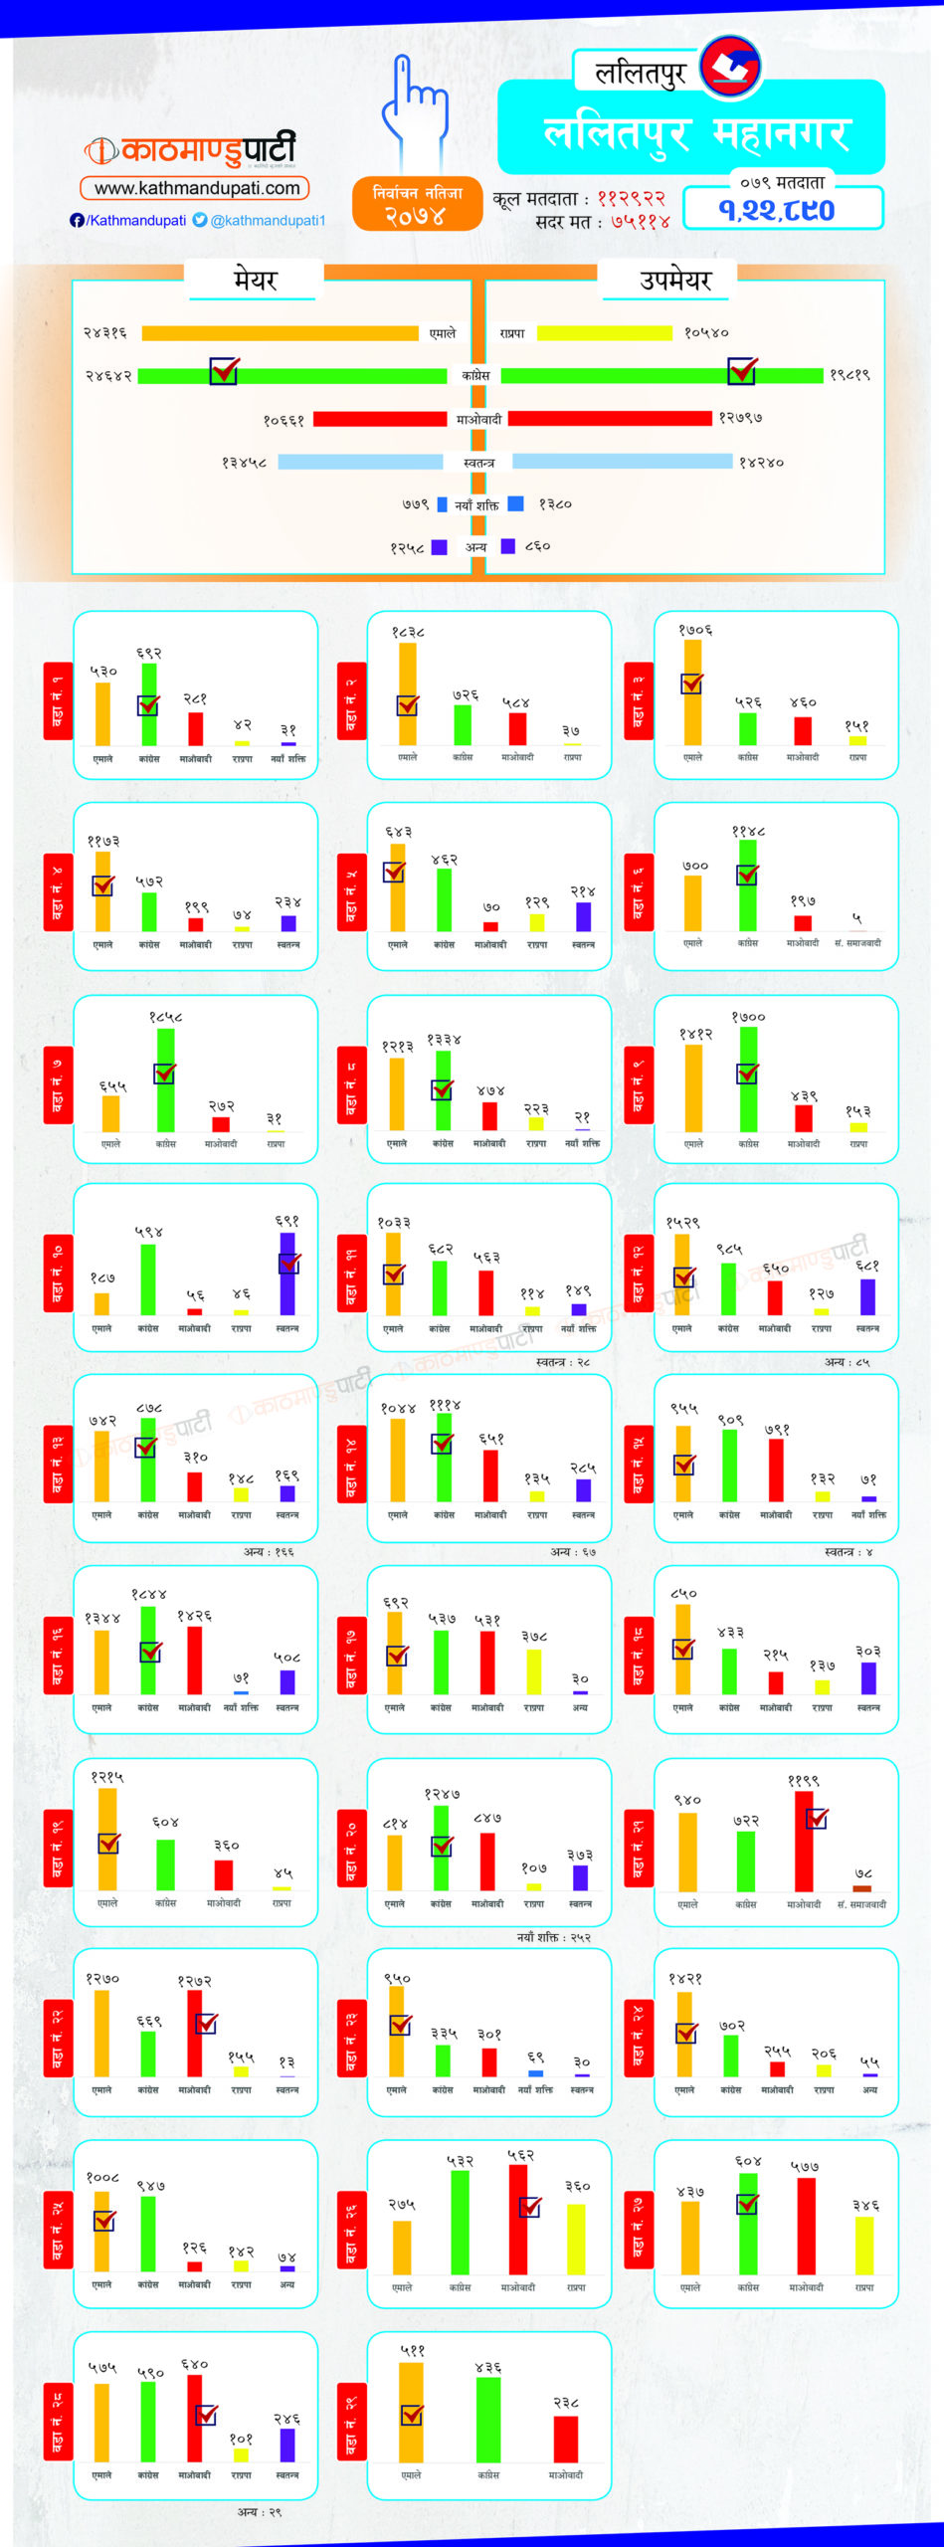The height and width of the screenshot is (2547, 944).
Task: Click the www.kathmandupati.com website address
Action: coord(196,188)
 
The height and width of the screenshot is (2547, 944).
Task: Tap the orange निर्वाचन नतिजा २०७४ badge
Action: coord(417,204)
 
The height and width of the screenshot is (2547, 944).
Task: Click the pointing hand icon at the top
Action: coord(413,109)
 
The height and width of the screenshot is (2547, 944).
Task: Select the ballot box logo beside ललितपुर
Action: coord(730,66)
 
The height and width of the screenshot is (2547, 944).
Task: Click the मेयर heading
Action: coord(255,280)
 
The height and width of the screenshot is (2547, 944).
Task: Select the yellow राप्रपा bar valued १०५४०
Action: coord(604,333)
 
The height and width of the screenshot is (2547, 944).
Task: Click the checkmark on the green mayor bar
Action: coord(224,370)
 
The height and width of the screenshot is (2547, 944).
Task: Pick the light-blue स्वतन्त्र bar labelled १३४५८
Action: coord(360,462)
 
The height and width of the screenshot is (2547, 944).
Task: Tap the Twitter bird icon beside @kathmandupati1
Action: coord(200,220)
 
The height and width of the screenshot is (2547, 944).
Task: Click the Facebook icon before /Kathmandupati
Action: coord(77,220)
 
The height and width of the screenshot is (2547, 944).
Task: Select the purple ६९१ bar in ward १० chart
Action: coord(287,1273)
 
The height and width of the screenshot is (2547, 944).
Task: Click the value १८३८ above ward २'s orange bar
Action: coord(408,632)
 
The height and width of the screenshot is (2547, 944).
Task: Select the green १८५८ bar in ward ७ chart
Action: coord(166,1079)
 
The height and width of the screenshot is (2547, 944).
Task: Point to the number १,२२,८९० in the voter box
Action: coord(776,210)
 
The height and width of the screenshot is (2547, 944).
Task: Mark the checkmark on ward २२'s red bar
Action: coord(206,2024)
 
